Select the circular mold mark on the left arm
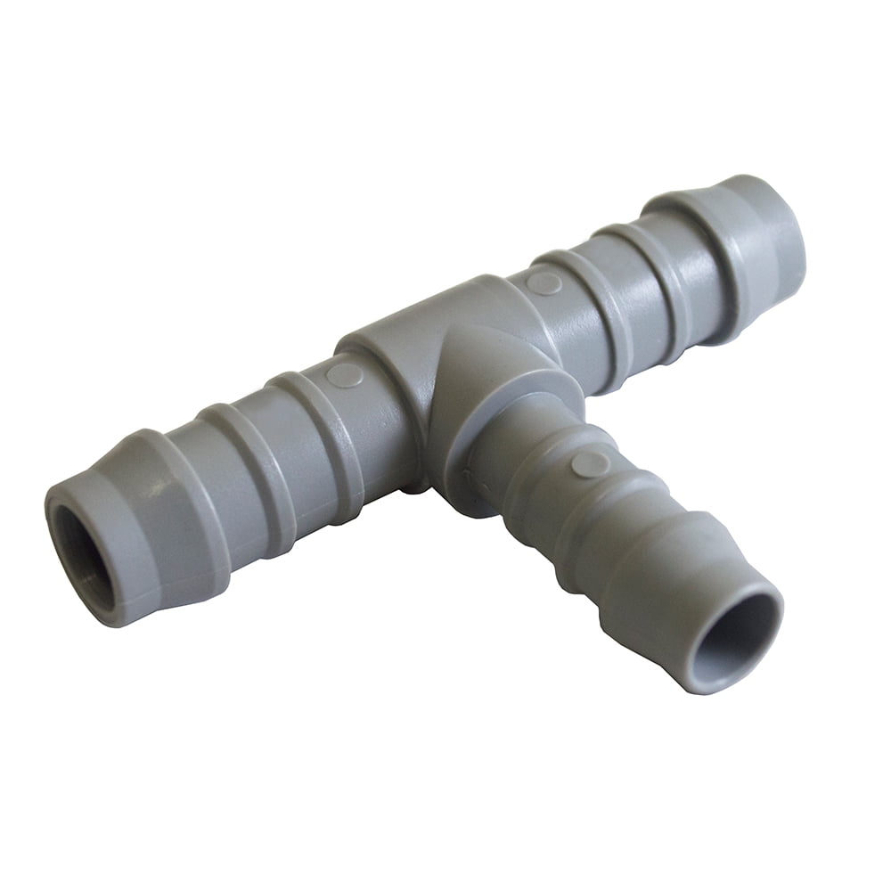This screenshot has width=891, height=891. (344, 375)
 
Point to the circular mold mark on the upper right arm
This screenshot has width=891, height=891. (544, 283)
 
